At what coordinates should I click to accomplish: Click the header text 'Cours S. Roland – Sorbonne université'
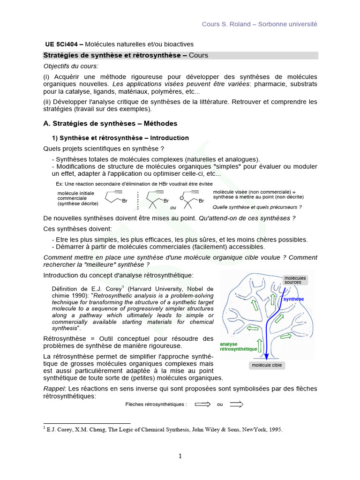pyautogui.click(x=259, y=24)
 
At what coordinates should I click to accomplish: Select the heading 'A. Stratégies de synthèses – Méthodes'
pyautogui.click(x=110, y=123)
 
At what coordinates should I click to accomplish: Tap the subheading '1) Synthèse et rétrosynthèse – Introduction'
pyautogui.click(x=120, y=138)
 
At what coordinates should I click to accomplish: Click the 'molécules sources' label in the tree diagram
pyautogui.click(x=295, y=280)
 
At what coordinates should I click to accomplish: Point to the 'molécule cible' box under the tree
pyautogui.click(x=267, y=365)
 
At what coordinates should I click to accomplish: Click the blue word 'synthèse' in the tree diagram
pyautogui.click(x=293, y=299)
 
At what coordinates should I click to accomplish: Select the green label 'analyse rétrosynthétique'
pyautogui.click(x=238, y=346)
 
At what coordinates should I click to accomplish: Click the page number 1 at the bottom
pyautogui.click(x=180, y=456)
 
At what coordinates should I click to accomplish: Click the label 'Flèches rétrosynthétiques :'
pyautogui.click(x=156, y=405)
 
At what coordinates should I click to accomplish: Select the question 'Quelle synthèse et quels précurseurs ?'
pyautogui.click(x=257, y=207)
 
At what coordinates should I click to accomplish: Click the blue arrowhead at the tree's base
pyautogui.click(x=266, y=356)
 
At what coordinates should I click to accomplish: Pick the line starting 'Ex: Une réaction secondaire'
pyautogui.click(x=134, y=184)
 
